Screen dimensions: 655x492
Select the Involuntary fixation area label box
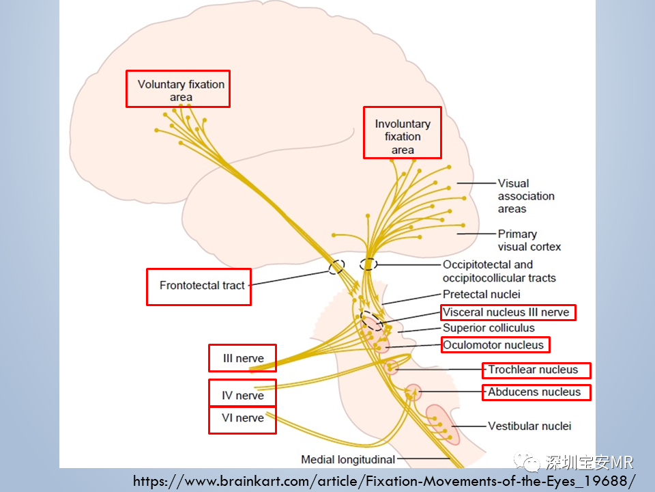(x=403, y=133)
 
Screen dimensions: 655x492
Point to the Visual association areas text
(x=526, y=196)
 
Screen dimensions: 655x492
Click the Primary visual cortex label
(x=529, y=240)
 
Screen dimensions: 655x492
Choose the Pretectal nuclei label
(x=481, y=294)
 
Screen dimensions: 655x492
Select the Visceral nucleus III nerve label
(x=508, y=312)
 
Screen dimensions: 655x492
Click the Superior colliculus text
(x=489, y=328)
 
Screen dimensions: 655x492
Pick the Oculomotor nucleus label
(x=495, y=345)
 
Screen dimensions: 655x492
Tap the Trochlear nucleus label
(x=536, y=370)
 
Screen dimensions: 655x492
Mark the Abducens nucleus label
(x=536, y=392)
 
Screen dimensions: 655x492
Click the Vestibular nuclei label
(x=529, y=426)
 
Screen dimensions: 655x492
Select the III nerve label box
(x=243, y=358)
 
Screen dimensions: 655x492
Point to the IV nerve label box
(x=243, y=393)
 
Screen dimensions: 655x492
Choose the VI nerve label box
(x=243, y=420)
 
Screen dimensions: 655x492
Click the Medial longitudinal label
(x=348, y=460)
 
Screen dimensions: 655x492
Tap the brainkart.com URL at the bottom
(x=384, y=481)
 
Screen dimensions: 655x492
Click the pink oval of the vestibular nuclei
(x=442, y=424)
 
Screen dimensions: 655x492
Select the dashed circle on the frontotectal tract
(x=336, y=266)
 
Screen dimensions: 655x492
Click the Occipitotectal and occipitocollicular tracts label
(x=499, y=271)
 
